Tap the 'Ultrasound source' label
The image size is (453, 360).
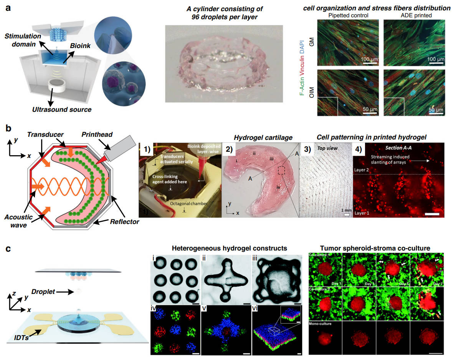[x=62, y=109]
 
